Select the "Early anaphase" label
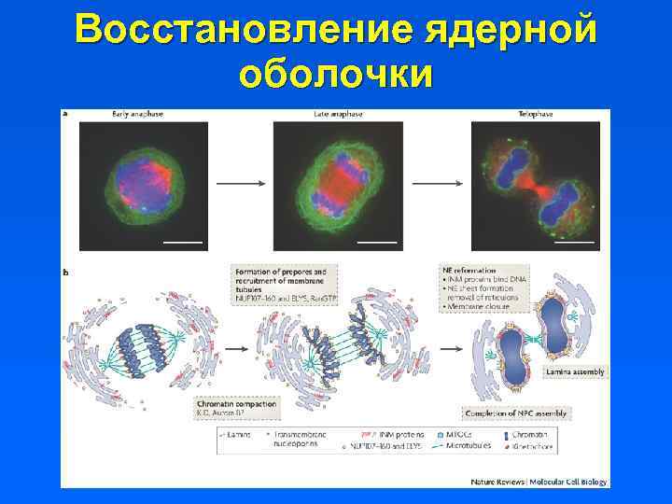tap(138, 114)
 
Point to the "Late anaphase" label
tap(337, 114)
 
